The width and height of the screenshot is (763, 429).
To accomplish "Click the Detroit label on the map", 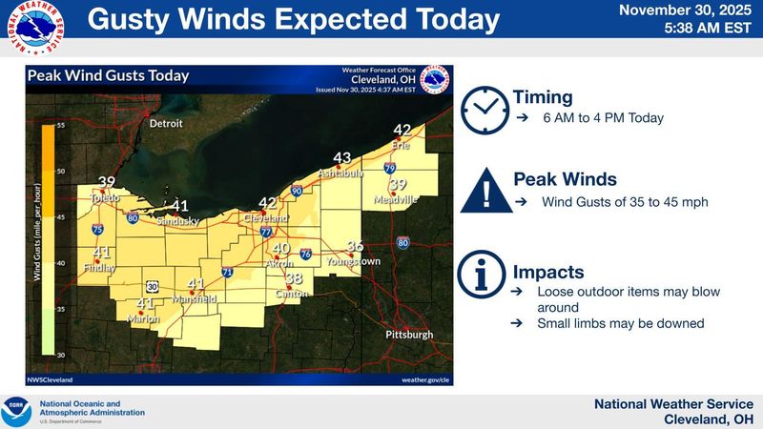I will click(x=165, y=124).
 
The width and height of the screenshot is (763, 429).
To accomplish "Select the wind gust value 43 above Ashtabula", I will click(x=342, y=158).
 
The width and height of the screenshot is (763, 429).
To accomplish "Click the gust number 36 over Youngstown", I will click(x=355, y=246).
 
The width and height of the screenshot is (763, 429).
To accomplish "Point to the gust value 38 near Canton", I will click(x=295, y=278).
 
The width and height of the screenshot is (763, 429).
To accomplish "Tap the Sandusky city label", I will click(x=176, y=220).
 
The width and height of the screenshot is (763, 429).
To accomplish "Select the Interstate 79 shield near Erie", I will click(x=388, y=168).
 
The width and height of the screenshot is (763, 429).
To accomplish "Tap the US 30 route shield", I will click(x=152, y=285).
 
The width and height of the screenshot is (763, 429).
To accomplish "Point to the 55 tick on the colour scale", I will click(x=59, y=126).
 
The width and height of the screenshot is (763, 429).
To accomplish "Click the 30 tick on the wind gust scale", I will click(x=59, y=355).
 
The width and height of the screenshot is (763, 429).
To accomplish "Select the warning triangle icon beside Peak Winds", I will click(x=485, y=191).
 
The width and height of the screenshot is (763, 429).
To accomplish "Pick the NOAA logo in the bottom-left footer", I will click(x=16, y=411).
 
